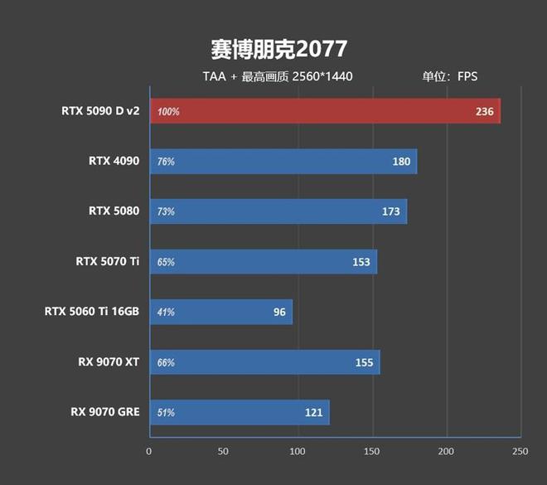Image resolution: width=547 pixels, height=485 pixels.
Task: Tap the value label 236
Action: point(484,111)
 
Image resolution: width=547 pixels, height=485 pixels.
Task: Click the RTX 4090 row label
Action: point(114,161)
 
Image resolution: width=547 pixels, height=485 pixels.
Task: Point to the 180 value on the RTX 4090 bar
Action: point(401,162)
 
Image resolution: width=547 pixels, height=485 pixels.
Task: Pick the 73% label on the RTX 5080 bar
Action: point(166,211)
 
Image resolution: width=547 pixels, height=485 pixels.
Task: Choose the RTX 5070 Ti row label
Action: point(107,261)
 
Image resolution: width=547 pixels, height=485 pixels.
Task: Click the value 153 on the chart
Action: point(361,262)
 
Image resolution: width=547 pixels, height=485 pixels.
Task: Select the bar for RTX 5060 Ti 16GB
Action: point(220,312)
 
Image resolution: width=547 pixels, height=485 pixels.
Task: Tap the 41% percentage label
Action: point(166,313)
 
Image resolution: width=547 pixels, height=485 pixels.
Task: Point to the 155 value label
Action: point(364,362)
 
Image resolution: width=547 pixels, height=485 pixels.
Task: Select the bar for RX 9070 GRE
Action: point(239,412)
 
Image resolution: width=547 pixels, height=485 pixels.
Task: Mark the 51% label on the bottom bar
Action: point(166,413)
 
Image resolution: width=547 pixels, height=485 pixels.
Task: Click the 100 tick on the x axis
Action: point(298,451)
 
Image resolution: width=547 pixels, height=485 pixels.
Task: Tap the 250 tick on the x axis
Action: point(520,451)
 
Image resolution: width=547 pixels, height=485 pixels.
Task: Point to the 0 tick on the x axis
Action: point(149,451)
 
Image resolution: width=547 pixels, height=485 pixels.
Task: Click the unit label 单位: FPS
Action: point(450,77)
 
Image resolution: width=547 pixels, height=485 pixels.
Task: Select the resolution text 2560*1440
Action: point(322,77)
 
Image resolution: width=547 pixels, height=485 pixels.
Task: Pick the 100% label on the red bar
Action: point(168,111)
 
